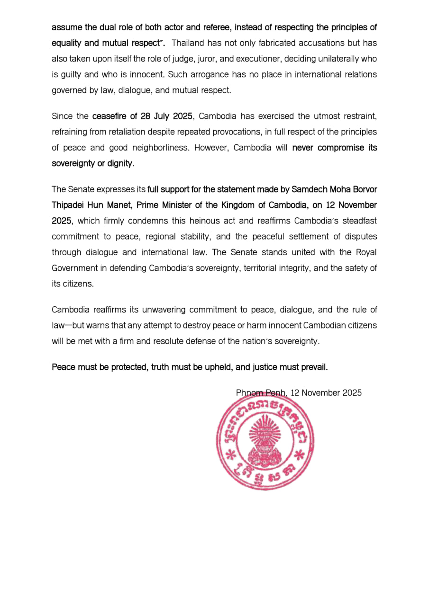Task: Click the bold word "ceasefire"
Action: point(110,116)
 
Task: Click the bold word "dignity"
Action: point(120,163)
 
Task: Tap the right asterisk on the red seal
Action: point(300,455)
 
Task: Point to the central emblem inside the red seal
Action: point(265,443)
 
